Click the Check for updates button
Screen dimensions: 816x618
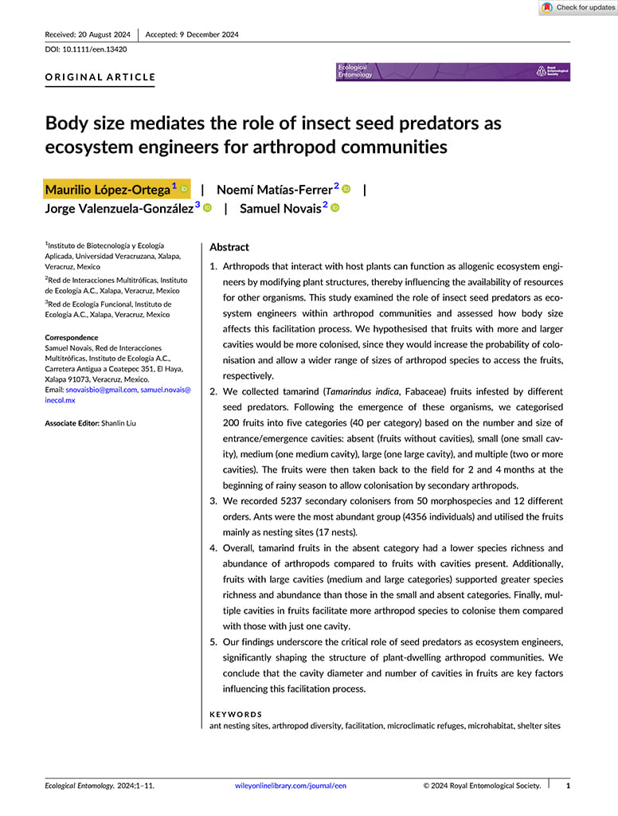(x=578, y=8)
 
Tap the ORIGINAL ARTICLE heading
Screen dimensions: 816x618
(x=100, y=77)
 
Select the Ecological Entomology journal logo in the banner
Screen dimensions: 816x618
(x=355, y=72)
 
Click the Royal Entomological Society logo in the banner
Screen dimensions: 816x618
(x=552, y=72)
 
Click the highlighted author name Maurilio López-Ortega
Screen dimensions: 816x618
(x=108, y=190)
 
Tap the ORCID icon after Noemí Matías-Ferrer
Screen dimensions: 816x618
(x=346, y=189)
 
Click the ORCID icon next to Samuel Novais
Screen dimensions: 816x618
(x=335, y=208)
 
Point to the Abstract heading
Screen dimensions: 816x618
(x=229, y=247)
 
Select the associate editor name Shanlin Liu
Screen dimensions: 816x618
(x=118, y=423)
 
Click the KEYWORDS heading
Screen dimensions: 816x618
(x=235, y=715)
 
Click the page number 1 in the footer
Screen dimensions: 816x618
(x=568, y=786)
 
